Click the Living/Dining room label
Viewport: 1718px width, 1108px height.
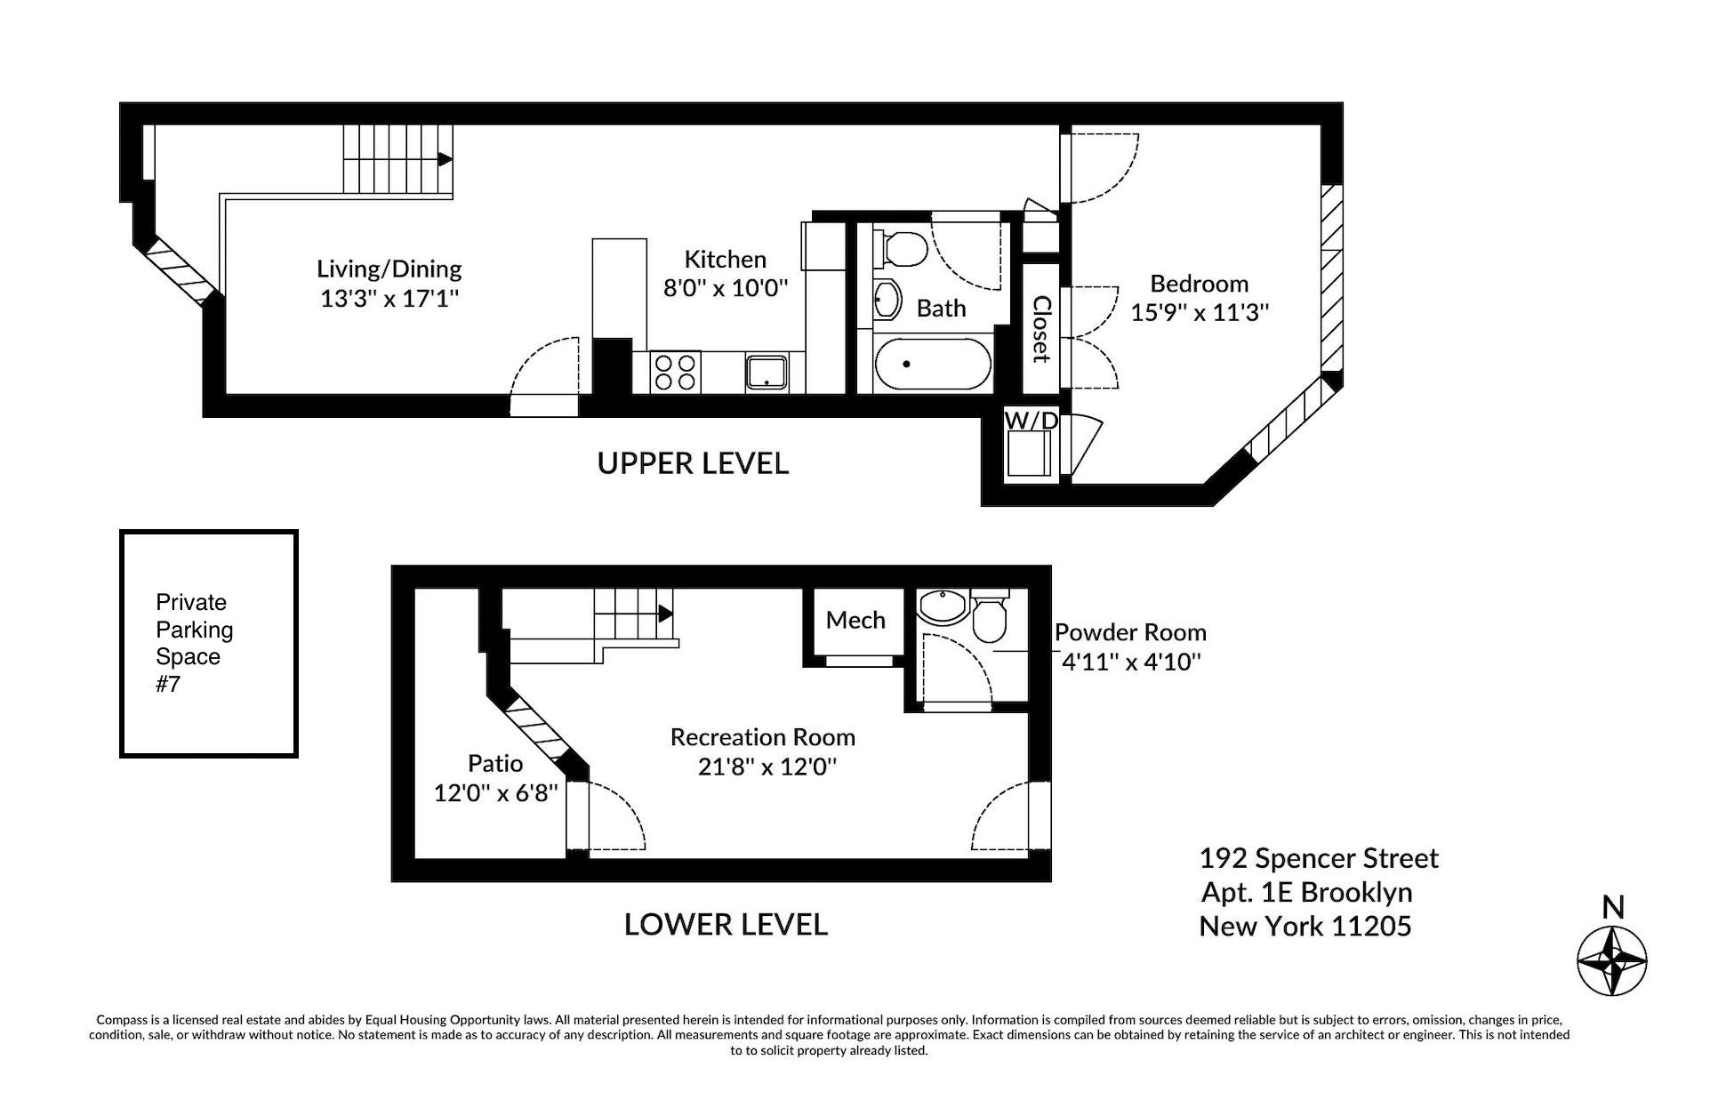point(389,269)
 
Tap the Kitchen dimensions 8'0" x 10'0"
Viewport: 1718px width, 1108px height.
point(725,288)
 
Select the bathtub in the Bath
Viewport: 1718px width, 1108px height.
point(932,365)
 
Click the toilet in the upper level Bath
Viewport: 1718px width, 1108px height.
point(901,248)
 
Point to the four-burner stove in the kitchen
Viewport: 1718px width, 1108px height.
point(675,373)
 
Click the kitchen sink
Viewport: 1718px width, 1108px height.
point(767,373)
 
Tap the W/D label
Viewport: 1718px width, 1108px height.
point(1031,420)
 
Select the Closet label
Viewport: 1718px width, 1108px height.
point(1041,329)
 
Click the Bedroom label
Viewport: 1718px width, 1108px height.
point(1199,284)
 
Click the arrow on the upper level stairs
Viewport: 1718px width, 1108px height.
point(445,160)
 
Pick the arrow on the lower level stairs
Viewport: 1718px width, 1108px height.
point(665,613)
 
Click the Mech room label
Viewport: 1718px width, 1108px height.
point(855,620)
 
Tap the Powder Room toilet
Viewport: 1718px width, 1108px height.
point(989,617)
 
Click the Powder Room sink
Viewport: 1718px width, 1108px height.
point(942,607)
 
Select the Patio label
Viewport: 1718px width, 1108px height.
point(495,763)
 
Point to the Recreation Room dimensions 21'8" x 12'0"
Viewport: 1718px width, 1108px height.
point(767,767)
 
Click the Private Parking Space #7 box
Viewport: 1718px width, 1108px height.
point(209,644)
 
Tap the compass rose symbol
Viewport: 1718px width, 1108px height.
point(1611,961)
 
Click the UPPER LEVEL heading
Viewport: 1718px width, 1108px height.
point(693,463)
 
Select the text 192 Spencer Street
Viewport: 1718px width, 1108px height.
point(1318,858)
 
